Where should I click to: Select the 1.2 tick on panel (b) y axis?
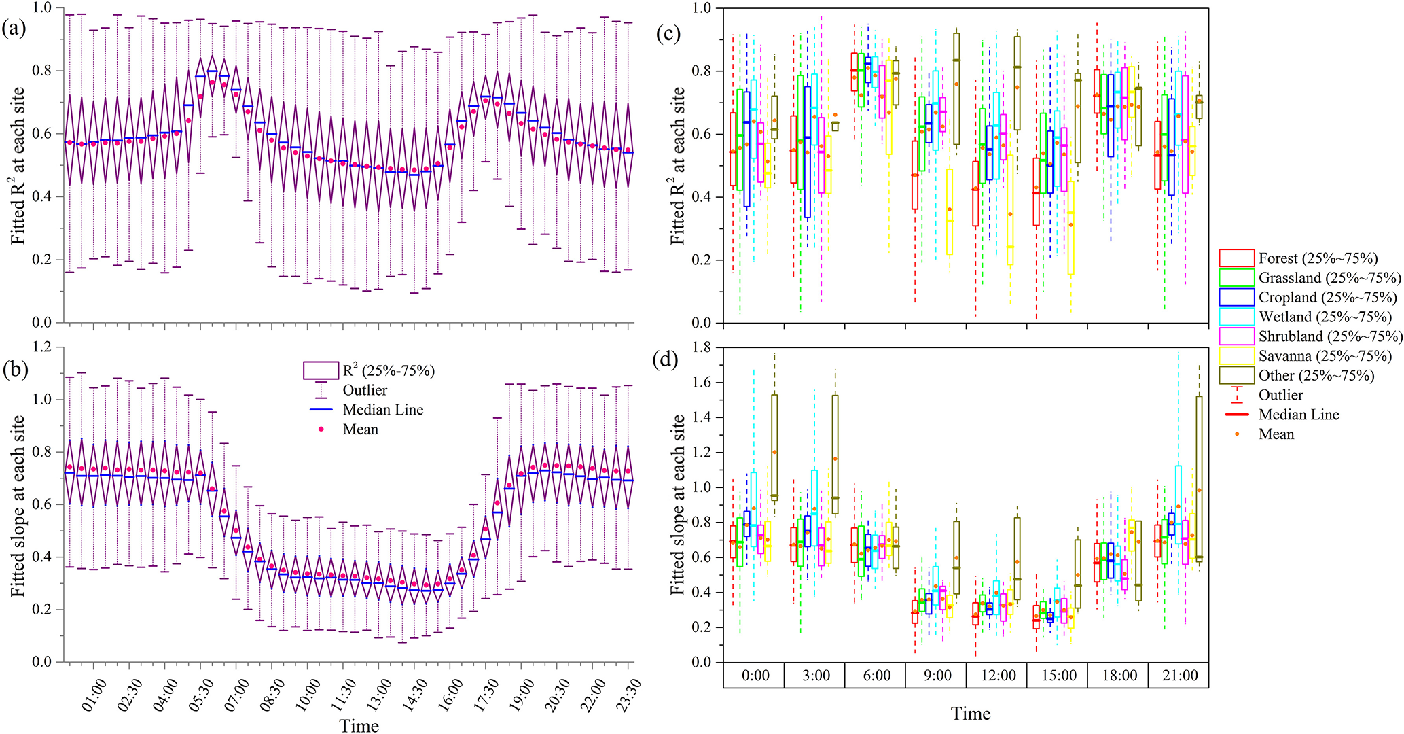click(x=42, y=347)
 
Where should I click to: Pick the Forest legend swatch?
click(x=1236, y=258)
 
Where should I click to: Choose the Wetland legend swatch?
click(x=1236, y=317)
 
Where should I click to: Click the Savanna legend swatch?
click(x=1236, y=355)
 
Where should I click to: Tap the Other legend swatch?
click(x=1236, y=375)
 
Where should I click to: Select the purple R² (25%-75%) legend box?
click(x=321, y=370)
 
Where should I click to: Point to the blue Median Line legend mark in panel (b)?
click(x=323, y=410)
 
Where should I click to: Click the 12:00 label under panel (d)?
click(x=998, y=676)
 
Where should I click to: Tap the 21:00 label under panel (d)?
click(x=1180, y=676)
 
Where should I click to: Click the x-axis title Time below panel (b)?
click(x=359, y=725)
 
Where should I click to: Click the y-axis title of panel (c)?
click(x=679, y=165)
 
